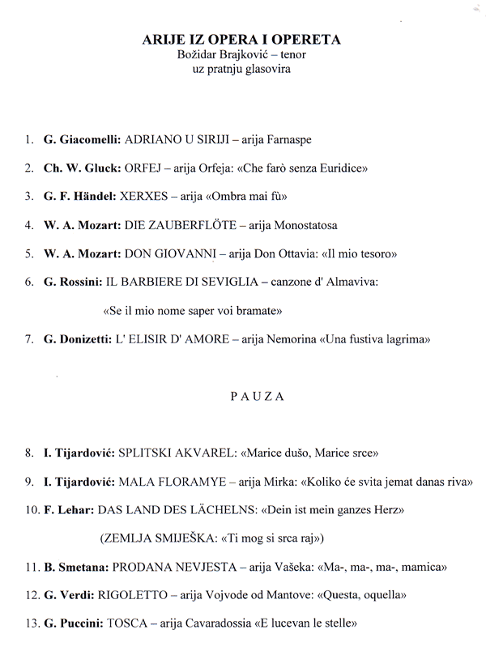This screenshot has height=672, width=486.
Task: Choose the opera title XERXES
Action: pos(143,197)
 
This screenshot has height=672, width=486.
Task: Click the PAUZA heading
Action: pos(244,398)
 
